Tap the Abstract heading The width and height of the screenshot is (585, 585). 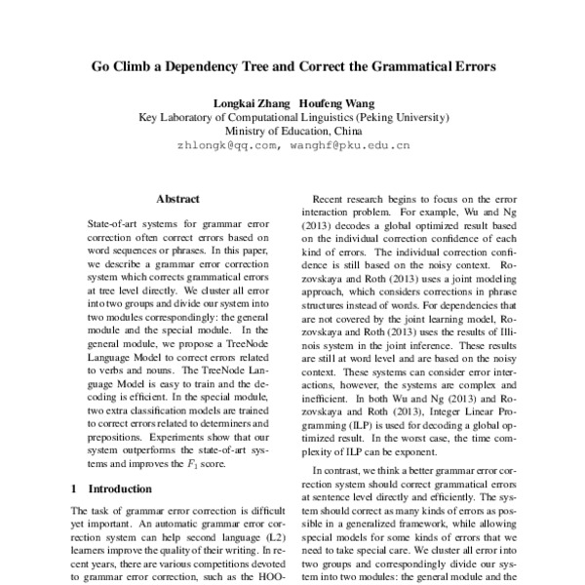[177, 198]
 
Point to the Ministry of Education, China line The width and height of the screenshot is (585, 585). [293, 130]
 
